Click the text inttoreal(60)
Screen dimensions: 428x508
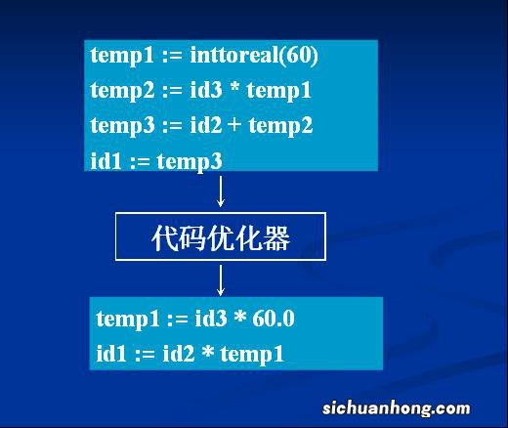(x=263, y=56)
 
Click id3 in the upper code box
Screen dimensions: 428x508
(x=203, y=91)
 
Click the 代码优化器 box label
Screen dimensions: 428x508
(x=221, y=237)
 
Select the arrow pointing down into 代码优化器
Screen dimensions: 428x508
(x=221, y=191)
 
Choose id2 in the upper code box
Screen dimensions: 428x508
(x=203, y=125)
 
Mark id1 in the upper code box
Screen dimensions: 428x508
(x=106, y=160)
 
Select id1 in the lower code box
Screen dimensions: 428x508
(x=111, y=353)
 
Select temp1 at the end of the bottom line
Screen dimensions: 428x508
(x=252, y=353)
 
